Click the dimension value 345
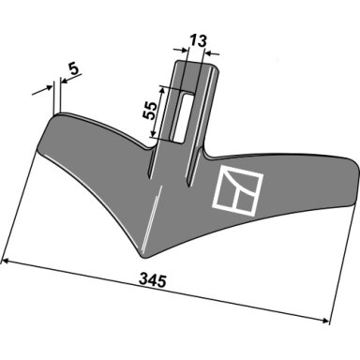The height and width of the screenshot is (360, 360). coord(153,280)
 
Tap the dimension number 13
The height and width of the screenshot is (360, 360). coord(198,41)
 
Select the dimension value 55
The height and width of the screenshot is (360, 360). coord(150,111)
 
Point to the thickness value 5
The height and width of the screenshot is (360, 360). coord(74,68)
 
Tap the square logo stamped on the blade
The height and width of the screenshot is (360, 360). coord(238,191)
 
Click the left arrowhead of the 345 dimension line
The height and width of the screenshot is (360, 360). coord(7,262)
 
